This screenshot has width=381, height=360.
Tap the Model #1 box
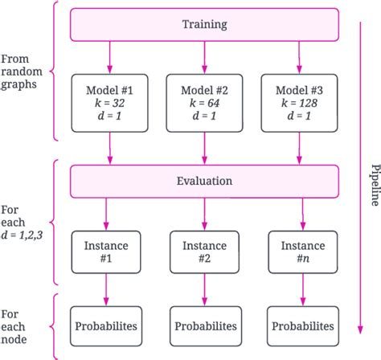[x=106, y=103]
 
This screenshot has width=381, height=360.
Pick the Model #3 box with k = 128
[x=297, y=103]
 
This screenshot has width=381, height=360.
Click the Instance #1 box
[x=106, y=250]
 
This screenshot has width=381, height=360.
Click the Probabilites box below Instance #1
[x=106, y=326]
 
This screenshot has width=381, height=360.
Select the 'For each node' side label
[x=16, y=326]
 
